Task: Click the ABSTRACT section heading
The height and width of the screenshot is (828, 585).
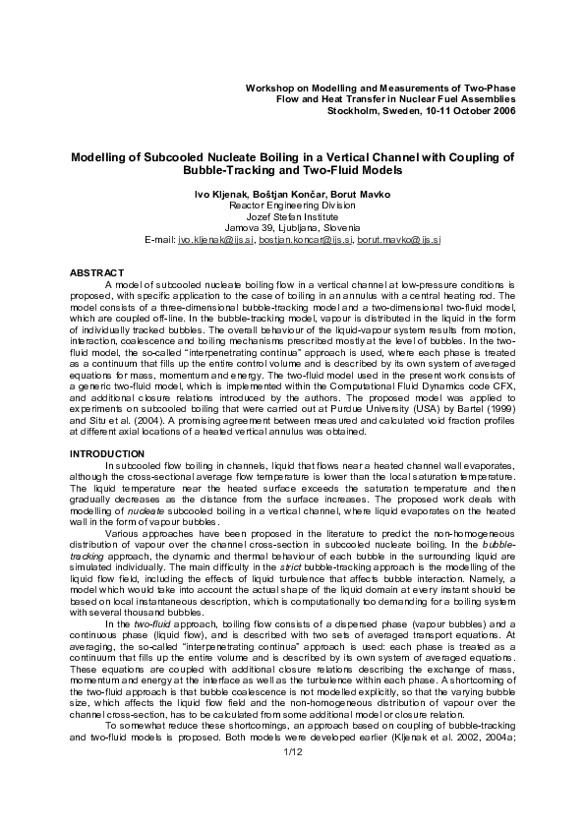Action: click(96, 271)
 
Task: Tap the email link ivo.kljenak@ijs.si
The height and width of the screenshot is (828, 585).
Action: click(216, 239)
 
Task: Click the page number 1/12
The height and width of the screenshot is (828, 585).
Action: click(292, 778)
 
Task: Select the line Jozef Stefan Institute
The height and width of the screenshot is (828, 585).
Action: click(292, 216)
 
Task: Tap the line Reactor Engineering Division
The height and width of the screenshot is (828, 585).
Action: click(292, 206)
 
